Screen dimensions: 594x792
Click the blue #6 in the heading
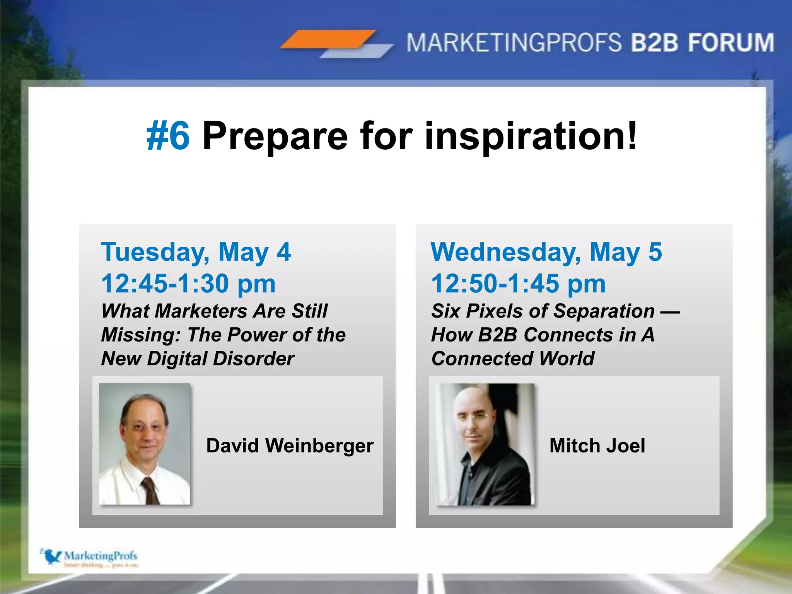tap(168, 136)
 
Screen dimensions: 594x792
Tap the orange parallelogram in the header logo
tap(328, 39)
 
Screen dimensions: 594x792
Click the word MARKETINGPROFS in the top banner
tap(514, 43)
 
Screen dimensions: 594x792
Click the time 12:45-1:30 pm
tap(188, 283)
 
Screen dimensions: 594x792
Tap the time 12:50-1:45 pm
tap(518, 283)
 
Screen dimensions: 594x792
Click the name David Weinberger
tap(290, 445)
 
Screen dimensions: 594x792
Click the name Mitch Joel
tap(597, 445)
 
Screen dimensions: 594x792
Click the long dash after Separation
tap(670, 312)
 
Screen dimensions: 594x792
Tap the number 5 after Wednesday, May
tap(655, 252)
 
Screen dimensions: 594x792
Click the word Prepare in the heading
tap(275, 137)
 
